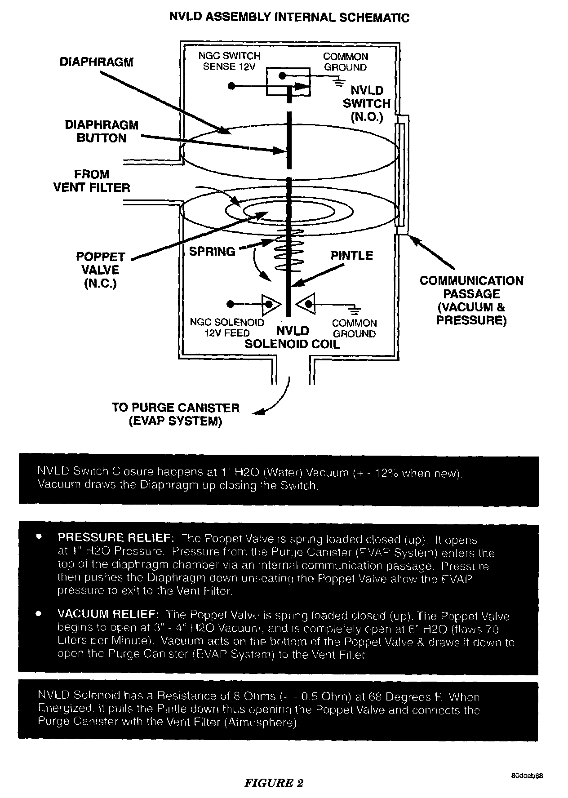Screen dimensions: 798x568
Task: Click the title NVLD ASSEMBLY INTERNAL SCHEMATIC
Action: tap(289, 18)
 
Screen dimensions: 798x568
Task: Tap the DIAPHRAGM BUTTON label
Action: tap(102, 132)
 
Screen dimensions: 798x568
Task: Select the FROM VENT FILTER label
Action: tap(92, 181)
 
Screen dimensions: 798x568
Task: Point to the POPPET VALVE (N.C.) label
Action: tap(101, 270)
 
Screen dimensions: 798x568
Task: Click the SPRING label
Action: tap(212, 252)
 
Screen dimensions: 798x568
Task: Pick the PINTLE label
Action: tap(352, 255)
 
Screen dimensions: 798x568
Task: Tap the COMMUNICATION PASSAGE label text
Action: tap(471, 300)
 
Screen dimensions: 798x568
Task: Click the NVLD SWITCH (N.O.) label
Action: tap(367, 104)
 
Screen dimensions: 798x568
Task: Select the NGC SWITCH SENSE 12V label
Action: tap(229, 62)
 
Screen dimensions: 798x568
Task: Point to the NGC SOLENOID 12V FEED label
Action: tap(227, 328)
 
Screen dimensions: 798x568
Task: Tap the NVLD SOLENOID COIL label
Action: tap(293, 338)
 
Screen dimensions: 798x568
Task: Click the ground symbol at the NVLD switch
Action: tap(339, 81)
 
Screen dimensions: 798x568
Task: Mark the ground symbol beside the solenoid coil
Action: tap(355, 310)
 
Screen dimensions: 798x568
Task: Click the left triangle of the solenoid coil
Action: tap(270, 304)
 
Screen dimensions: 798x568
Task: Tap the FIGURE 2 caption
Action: tap(274, 783)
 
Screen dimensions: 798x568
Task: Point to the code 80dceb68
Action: tap(527, 776)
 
